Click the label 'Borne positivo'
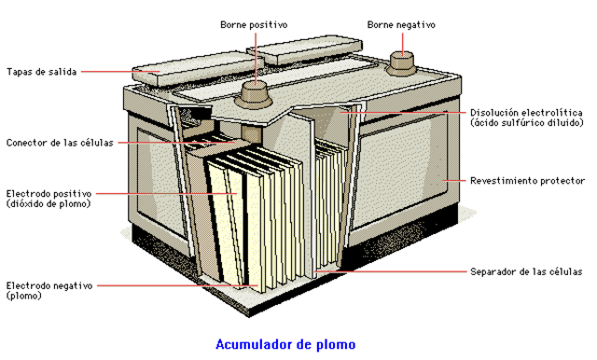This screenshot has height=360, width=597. [254, 24]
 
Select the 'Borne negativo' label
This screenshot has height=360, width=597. [401, 24]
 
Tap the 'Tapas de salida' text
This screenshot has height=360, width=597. [41, 71]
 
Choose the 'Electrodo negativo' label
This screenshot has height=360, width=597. [49, 285]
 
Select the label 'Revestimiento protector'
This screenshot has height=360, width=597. [527, 179]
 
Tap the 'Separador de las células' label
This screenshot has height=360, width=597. [526, 271]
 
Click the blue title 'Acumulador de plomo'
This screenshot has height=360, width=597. [285, 344]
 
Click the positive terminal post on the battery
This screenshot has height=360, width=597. [255, 91]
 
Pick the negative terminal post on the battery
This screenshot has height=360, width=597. [401, 62]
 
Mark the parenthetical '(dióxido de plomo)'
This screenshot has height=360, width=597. [48, 203]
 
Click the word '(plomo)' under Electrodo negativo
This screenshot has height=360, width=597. [23, 296]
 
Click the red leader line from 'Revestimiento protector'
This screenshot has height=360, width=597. [454, 179]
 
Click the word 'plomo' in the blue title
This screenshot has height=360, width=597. [336, 344]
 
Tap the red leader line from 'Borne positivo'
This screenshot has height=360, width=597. [255, 56]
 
